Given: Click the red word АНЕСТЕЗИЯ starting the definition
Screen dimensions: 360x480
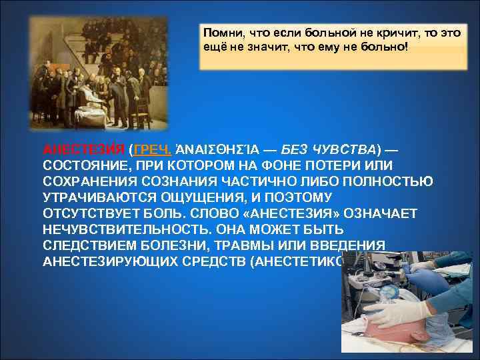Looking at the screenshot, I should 83,148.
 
